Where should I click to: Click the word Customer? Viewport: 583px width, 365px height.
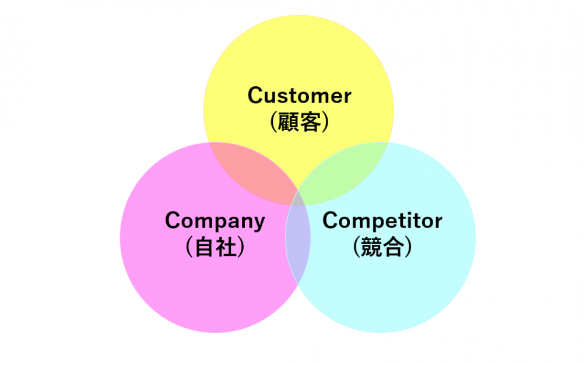pos(299,96)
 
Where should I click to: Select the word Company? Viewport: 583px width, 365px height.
pos(215,221)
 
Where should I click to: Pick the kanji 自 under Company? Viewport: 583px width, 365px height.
pos(205,247)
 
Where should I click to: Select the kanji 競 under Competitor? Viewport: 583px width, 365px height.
pos(371,247)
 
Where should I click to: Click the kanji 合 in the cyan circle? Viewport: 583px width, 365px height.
pos(394,247)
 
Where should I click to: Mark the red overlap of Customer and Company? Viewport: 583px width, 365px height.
pos(257,172)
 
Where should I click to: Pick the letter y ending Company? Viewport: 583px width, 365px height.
pos(258,223)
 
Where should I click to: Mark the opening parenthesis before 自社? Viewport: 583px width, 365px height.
pos(189,247)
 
